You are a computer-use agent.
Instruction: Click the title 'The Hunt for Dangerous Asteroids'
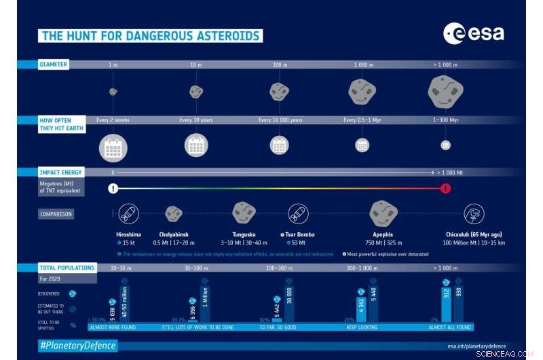[150, 36]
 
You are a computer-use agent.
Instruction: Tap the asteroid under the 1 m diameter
[113, 91]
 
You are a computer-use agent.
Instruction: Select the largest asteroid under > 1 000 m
[445, 90]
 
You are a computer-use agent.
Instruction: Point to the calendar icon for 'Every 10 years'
[196, 145]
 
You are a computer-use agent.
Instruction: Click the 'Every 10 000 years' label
[280, 120]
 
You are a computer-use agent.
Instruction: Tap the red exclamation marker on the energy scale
[445, 188]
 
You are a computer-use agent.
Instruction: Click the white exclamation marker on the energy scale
[113, 188]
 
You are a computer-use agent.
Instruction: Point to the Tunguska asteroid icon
[244, 213]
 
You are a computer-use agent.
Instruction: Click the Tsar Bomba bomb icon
[298, 214]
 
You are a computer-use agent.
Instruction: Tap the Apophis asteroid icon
[383, 213]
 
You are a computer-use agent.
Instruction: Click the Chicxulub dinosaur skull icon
[474, 214]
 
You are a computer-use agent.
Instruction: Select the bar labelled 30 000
[289, 304]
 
